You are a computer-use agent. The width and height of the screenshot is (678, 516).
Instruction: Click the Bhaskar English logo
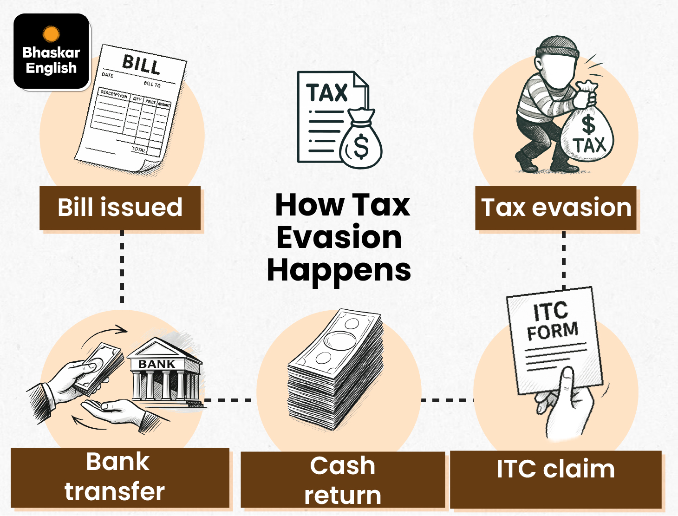52,52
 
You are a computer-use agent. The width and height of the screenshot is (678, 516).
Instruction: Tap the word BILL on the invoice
141,65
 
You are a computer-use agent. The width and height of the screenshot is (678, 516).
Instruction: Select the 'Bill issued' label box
120,208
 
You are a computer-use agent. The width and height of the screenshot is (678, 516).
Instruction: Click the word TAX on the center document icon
327,93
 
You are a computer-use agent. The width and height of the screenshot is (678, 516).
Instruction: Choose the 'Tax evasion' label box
556,208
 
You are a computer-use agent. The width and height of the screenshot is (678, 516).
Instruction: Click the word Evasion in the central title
339,237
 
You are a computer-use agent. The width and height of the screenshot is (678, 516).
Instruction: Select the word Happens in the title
339,270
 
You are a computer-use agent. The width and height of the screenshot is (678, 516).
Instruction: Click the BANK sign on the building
157,364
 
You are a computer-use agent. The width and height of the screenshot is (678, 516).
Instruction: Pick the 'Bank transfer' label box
120,477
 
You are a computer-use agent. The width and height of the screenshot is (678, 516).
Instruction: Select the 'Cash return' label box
343,480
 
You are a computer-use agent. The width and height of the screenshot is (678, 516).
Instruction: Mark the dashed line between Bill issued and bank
122,267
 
